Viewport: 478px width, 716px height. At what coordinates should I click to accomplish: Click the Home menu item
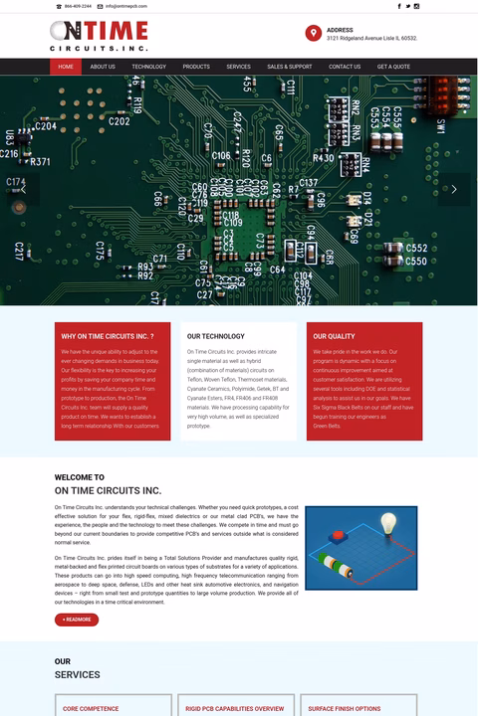point(66,67)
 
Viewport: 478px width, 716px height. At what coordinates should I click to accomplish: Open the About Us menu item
point(103,67)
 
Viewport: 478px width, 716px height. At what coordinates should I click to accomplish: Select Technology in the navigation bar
point(148,67)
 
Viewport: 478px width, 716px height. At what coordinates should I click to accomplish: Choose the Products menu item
point(196,67)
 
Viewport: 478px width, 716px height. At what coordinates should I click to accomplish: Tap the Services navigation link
point(238,67)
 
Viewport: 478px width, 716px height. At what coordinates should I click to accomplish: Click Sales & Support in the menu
point(289,67)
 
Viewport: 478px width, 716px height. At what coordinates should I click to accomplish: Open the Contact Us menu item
point(345,67)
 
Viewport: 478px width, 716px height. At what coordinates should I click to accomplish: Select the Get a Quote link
point(393,67)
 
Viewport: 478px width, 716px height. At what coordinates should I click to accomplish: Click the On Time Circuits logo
point(99,35)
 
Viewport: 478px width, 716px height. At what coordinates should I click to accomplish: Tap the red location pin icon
point(314,34)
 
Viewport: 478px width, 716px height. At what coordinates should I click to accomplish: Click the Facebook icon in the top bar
point(399,6)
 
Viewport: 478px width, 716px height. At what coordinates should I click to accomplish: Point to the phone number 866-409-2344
point(78,6)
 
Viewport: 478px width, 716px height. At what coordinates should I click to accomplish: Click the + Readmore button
point(77,620)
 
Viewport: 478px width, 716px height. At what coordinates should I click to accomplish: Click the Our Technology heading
point(215,336)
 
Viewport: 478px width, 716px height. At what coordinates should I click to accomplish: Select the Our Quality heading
point(334,336)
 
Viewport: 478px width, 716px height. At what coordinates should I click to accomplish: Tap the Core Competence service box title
point(91,709)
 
